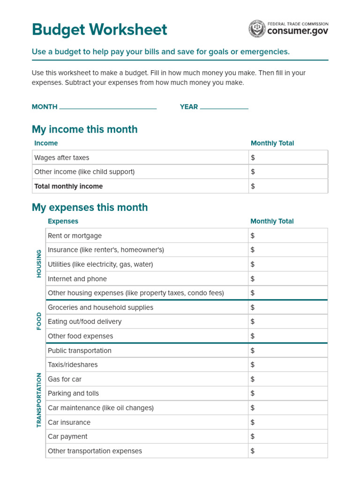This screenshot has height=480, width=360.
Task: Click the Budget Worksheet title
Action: [99, 30]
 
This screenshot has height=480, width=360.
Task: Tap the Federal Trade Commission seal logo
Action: [257, 29]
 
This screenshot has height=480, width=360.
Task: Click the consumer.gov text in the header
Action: [298, 31]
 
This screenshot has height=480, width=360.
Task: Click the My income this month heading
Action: [85, 129]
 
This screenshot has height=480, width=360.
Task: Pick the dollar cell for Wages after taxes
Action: [288, 157]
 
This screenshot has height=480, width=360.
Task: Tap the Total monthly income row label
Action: [68, 186]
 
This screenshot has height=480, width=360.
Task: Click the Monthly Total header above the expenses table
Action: [272, 221]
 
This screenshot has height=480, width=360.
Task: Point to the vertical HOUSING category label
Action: [39, 263]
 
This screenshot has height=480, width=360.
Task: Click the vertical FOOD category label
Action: [39, 321]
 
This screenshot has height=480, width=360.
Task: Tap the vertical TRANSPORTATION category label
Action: [39, 400]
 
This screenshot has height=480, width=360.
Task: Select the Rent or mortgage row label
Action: [75, 236]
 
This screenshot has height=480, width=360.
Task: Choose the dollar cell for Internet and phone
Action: [288, 279]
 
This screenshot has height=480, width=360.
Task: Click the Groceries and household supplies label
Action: [100, 307]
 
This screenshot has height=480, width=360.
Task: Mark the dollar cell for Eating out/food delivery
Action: [288, 322]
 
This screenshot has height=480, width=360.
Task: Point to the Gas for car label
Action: [65, 379]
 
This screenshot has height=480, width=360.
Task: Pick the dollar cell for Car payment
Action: [288, 436]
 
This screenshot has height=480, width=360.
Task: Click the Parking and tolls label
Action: [73, 393]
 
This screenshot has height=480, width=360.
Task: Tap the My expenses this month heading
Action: [90, 208]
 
